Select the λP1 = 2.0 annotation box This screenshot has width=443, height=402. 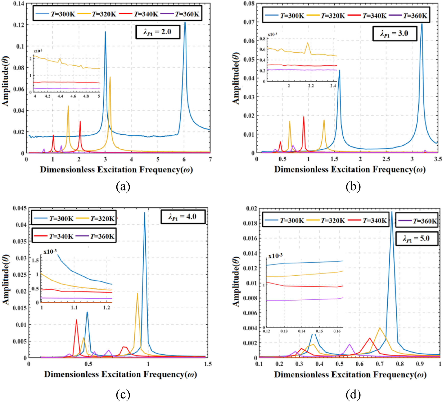coord(158,32)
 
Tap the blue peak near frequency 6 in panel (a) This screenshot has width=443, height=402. coord(185,23)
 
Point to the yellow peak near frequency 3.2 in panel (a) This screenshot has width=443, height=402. coord(110,77)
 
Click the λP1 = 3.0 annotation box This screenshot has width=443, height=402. coord(394,33)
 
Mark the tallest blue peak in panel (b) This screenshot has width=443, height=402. coord(422,24)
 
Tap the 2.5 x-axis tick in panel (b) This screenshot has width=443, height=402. coord(386,159)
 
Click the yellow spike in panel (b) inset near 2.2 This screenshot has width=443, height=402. coord(308,43)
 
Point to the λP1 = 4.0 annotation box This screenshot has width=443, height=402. coord(183,217)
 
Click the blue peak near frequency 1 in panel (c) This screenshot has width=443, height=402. coord(144,213)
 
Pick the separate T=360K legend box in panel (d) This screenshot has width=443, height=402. coord(417,221)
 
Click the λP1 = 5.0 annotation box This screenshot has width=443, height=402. coord(417,238)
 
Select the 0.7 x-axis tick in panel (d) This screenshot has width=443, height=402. coord(380,364)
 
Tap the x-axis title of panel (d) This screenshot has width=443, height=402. coord(350,375)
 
